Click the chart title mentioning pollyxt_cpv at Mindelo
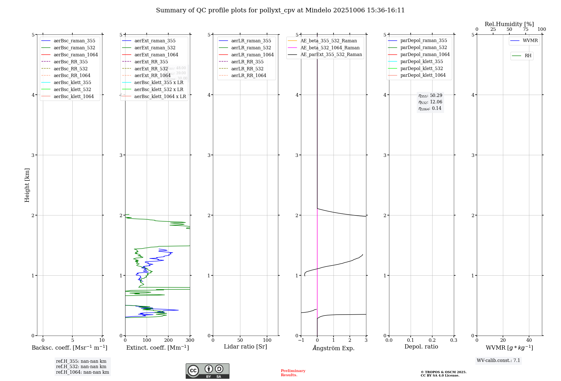pyautogui.click(x=280, y=10)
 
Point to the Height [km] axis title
pyautogui.click(x=27, y=185)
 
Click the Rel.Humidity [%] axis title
pyautogui.click(x=509, y=24)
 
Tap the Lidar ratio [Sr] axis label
pyautogui.click(x=245, y=347)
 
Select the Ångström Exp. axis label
pyautogui.click(x=334, y=348)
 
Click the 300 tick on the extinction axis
pyautogui.click(x=190, y=340)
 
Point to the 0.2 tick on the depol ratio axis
pyautogui.click(x=432, y=340)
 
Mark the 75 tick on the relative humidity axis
pyautogui.click(x=525, y=29)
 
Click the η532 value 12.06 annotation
pyautogui.click(x=430, y=102)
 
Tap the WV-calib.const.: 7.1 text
pyautogui.click(x=498, y=361)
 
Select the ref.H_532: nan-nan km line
pyautogui.click(x=81, y=367)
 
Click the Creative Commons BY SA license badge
pyautogui.click(x=207, y=371)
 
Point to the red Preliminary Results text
pyautogui.click(x=293, y=373)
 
